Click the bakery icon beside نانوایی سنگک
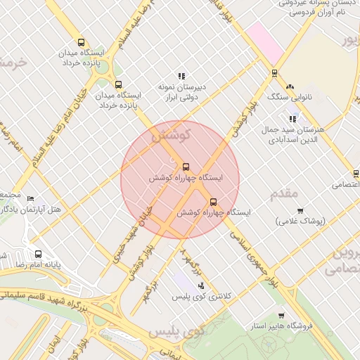290,86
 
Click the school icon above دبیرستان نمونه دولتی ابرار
181,76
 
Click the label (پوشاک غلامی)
300,221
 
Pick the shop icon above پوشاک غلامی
300,210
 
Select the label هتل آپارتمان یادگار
33,210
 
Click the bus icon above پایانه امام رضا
38,254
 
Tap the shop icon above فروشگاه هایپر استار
281,316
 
